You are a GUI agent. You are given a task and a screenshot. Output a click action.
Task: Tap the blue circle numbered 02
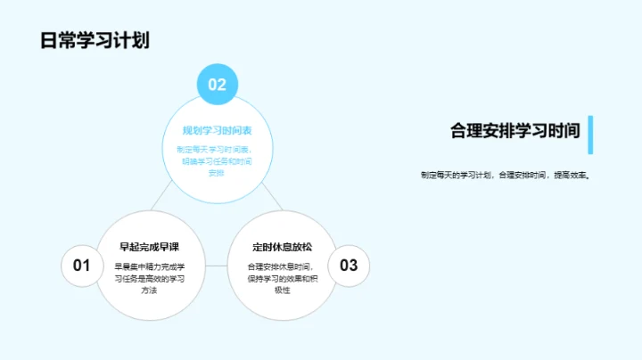(218, 85)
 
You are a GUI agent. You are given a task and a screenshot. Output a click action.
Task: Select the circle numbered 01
(82, 265)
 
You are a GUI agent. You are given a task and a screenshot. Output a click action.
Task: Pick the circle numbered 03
(349, 265)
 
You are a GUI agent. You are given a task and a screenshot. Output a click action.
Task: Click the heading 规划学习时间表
(217, 131)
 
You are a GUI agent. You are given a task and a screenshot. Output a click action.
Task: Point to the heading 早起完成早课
(150, 247)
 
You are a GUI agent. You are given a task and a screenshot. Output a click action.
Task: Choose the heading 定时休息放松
(282, 247)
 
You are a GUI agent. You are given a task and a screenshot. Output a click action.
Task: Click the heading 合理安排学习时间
(515, 131)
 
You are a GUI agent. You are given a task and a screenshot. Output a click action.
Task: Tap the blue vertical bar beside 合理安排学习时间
(590, 134)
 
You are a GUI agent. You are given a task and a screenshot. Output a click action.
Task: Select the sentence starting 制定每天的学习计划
(506, 175)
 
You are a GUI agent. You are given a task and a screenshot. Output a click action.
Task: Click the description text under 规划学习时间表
(217, 160)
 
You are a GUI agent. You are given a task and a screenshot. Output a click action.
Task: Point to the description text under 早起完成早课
(150, 278)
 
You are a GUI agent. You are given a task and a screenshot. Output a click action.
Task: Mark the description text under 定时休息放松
(282, 278)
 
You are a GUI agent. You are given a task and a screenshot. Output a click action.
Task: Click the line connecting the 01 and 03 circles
(216, 265)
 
